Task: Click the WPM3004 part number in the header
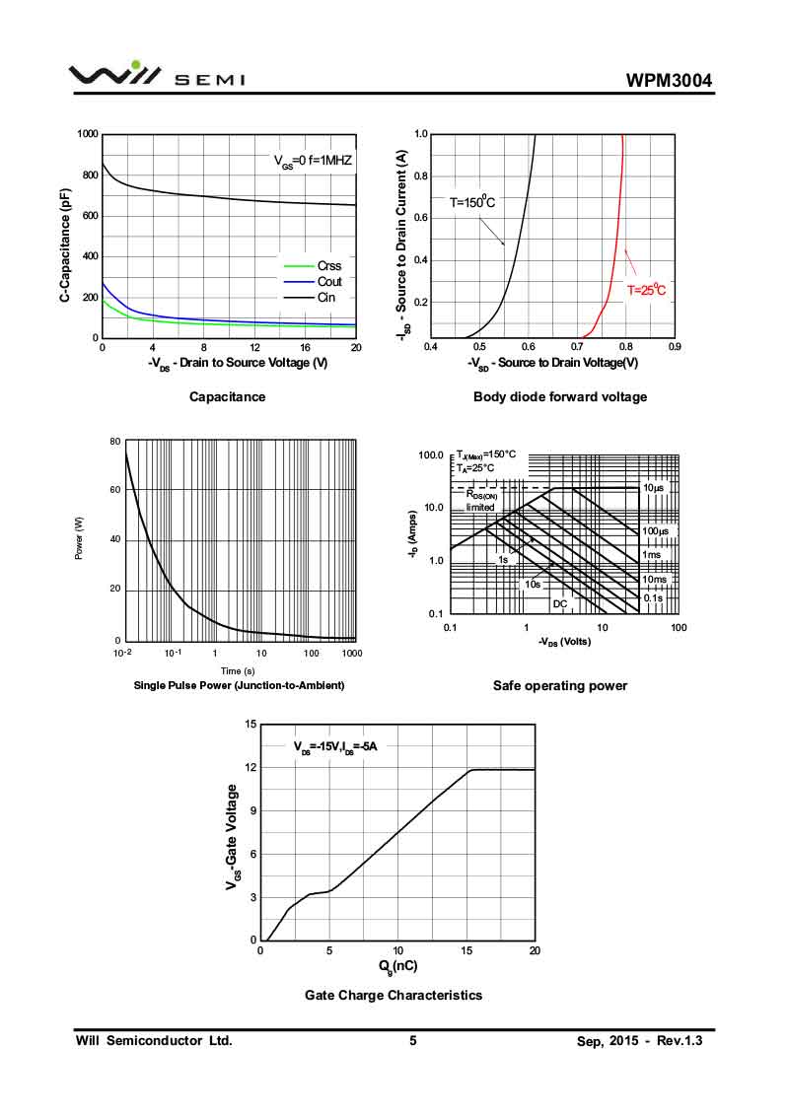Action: pos(668,81)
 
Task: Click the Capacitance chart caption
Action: pos(227,396)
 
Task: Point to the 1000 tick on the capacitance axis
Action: pos(87,134)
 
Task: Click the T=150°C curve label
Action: pos(472,202)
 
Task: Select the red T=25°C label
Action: pos(647,290)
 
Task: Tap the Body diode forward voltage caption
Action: pos(560,396)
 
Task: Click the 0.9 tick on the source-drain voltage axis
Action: pos(674,347)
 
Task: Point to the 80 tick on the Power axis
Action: pos(114,442)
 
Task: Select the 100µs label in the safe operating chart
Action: pos(656,531)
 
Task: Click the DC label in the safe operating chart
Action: pos(559,603)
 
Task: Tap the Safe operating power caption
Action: pos(559,685)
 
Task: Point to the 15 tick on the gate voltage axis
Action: pos(251,725)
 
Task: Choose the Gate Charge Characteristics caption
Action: pos(394,995)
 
